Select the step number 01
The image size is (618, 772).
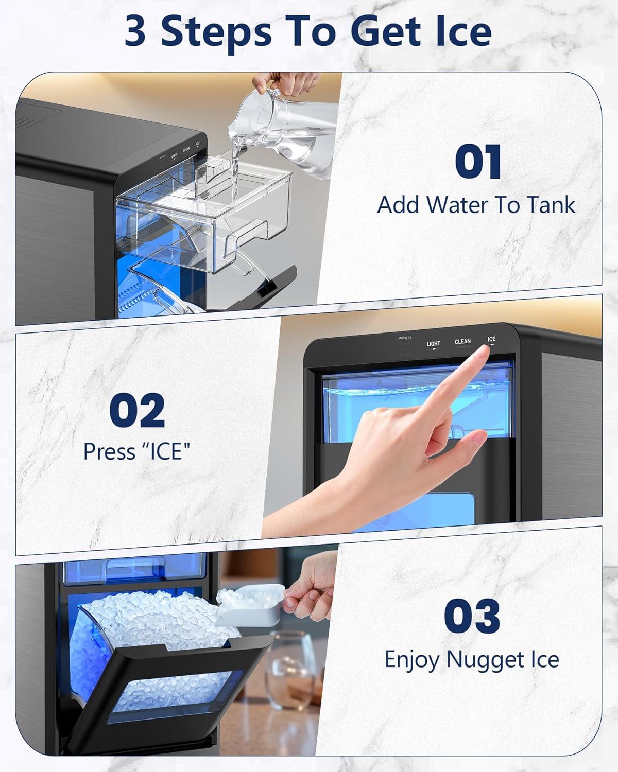tap(478, 162)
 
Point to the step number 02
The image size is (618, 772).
tap(137, 410)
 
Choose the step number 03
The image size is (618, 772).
tap(472, 616)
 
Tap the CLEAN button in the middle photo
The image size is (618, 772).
tap(462, 342)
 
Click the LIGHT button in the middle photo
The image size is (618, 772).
tap(434, 344)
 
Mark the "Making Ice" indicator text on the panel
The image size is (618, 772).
tap(405, 338)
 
